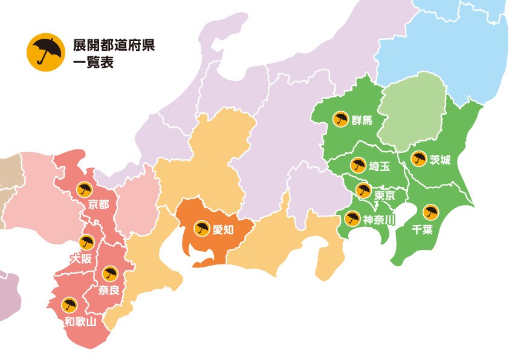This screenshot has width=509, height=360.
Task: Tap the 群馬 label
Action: pos(362,120)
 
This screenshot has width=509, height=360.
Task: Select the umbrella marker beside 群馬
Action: pos(341,119)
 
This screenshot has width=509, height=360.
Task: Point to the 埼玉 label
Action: pos(378,166)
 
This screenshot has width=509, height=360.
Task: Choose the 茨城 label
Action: pos(439,160)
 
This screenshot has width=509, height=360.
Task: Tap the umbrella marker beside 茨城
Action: pos(418,159)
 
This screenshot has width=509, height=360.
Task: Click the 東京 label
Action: pos(384,195)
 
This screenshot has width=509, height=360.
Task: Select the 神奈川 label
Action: pos(378,219)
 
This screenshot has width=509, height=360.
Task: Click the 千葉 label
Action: pos(421,229)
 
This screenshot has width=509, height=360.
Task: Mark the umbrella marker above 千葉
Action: pos(430,212)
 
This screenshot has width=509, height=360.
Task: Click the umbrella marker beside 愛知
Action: pos(202,229)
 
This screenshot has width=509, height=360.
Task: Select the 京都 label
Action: pos(98,205)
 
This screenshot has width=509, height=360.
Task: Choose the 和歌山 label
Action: pos(80,321)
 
